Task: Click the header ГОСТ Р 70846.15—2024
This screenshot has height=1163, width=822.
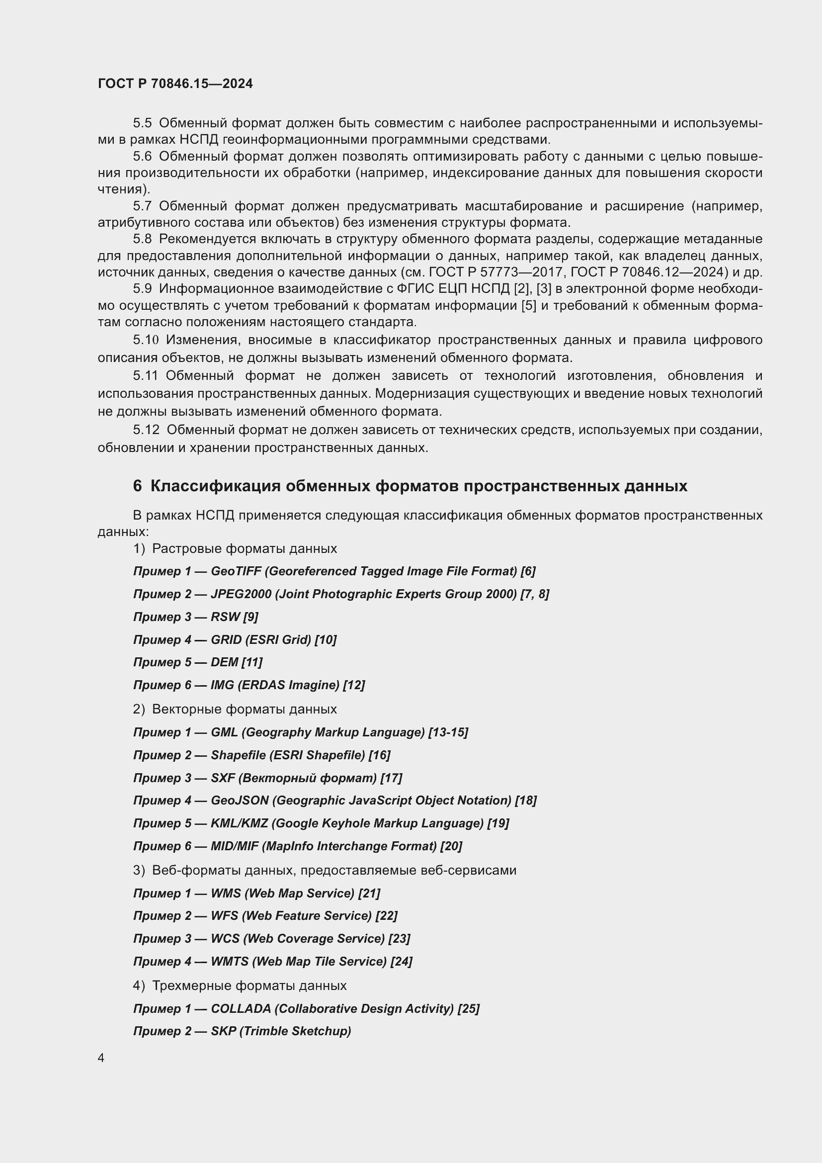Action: tap(175, 84)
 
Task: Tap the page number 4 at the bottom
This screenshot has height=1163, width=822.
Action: tap(101, 1058)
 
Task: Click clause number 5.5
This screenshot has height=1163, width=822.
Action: tap(142, 123)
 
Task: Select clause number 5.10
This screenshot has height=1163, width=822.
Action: tap(146, 340)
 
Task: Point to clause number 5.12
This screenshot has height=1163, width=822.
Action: tap(146, 430)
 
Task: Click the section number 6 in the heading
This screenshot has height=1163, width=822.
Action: tap(137, 486)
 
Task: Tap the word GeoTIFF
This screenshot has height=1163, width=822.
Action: tap(236, 571)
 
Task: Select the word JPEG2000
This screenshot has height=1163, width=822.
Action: tap(241, 594)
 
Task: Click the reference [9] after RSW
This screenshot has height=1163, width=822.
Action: tap(250, 617)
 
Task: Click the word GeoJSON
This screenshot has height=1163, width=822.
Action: tap(240, 801)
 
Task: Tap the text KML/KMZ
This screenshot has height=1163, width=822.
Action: tap(239, 823)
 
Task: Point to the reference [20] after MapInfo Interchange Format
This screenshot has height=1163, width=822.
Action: tap(451, 846)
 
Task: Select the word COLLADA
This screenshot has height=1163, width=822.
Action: tap(241, 1008)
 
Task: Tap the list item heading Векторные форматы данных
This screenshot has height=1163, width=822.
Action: tap(245, 709)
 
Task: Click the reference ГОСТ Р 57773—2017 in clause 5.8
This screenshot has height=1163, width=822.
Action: tap(497, 272)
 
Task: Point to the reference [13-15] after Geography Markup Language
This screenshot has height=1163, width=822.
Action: tap(448, 732)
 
